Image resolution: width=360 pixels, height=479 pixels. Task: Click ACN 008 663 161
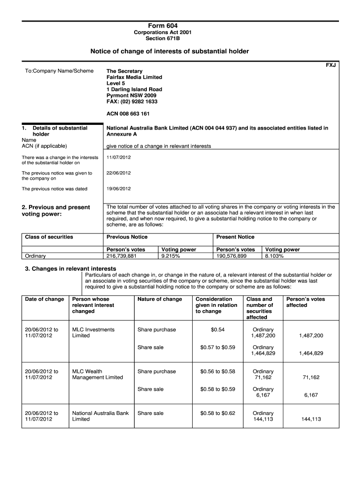click(x=128, y=113)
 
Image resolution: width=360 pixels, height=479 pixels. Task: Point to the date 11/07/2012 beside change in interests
click(x=119, y=157)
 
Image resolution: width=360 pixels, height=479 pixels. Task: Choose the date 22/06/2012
click(x=119, y=173)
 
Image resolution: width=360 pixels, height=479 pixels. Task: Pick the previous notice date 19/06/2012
click(x=119, y=189)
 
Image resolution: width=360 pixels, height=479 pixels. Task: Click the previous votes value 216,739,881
click(x=122, y=256)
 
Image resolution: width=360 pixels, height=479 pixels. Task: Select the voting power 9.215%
click(x=170, y=256)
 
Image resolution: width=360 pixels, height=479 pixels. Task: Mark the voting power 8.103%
click(x=274, y=256)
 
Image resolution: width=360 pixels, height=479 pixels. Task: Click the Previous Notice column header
click(x=127, y=237)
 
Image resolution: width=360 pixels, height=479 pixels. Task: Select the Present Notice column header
click(x=235, y=237)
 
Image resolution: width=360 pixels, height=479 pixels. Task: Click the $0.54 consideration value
click(x=217, y=330)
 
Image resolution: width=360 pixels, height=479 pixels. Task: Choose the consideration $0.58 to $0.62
click(x=217, y=414)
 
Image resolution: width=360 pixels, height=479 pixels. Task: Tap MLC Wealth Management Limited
click(x=98, y=375)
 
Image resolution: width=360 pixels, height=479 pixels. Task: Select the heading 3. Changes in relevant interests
click(x=70, y=269)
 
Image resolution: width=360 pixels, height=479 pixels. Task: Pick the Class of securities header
click(x=49, y=237)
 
